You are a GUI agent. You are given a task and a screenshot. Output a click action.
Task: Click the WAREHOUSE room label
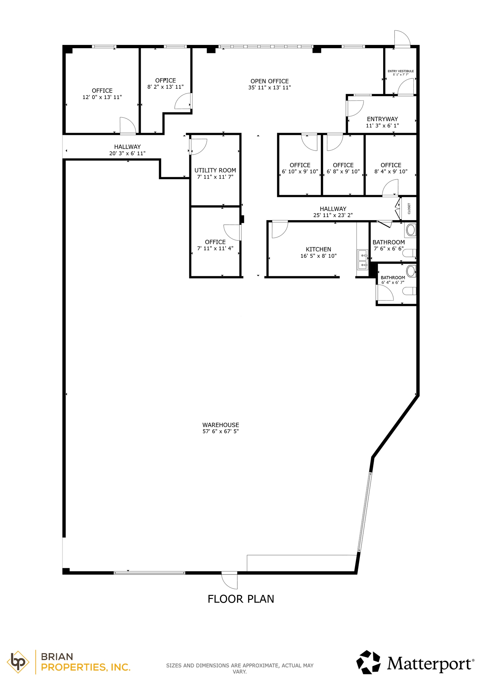pyautogui.click(x=220, y=425)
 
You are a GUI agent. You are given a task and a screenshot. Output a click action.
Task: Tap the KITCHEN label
pyautogui.click(x=318, y=249)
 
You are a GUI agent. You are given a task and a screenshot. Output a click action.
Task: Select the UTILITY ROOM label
pyautogui.click(x=215, y=170)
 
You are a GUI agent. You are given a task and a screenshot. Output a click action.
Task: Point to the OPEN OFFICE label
pyautogui.click(x=269, y=81)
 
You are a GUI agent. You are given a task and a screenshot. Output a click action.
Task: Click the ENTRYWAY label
pyautogui.click(x=382, y=119)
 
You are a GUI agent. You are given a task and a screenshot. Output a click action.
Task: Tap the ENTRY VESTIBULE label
pyautogui.click(x=400, y=71)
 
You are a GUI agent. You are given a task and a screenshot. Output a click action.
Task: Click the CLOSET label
pyautogui.click(x=409, y=209)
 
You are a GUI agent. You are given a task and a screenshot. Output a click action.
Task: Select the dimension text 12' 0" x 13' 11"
pyautogui.click(x=102, y=97)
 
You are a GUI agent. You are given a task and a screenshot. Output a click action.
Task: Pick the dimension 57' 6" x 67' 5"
pyautogui.click(x=220, y=432)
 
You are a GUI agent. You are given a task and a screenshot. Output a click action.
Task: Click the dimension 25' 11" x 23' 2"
pyautogui.click(x=333, y=215)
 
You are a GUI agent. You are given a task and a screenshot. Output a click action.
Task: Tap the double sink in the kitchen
pyautogui.click(x=362, y=260)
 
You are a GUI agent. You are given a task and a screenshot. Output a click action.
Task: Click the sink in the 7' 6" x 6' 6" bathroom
pyautogui.click(x=411, y=230)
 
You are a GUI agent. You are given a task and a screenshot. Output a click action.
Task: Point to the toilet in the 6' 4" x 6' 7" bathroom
pyautogui.click(x=410, y=291)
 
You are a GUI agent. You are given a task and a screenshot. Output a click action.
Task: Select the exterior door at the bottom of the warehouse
pyautogui.click(x=230, y=580)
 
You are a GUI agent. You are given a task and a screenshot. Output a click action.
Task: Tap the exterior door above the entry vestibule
pyautogui.click(x=401, y=39)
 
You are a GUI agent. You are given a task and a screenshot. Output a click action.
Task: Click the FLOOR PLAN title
pyautogui.click(x=241, y=599)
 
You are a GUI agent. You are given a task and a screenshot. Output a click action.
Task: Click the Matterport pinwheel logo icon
pyautogui.click(x=368, y=662)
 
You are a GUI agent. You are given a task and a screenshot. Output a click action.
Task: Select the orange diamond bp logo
pyautogui.click(x=18, y=662)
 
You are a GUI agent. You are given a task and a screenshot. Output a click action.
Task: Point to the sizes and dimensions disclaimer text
pyautogui.click(x=240, y=669)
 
